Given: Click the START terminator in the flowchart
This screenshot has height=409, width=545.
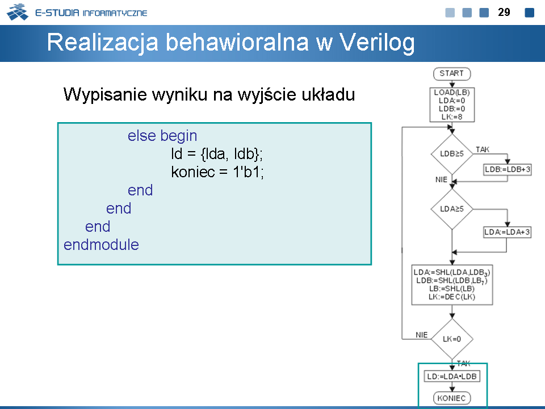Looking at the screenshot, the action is [x=452, y=74].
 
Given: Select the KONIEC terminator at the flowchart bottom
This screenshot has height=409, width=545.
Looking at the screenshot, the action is [x=452, y=398].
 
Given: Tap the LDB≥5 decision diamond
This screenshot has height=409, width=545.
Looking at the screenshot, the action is [x=452, y=154].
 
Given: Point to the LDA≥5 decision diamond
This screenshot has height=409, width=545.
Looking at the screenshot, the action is [x=452, y=209].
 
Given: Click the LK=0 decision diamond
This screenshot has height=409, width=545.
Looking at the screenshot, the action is [x=452, y=339].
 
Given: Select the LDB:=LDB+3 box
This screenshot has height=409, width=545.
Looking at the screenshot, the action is [x=508, y=169].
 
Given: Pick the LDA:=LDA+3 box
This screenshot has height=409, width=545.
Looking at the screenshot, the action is [x=508, y=232].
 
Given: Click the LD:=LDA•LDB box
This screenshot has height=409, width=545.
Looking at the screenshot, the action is [x=452, y=376].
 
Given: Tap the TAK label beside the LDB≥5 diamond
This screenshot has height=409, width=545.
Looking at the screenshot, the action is [x=483, y=149].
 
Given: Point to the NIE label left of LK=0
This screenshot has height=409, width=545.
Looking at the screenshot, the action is [x=422, y=335].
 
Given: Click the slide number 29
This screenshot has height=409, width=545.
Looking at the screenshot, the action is [x=504, y=12].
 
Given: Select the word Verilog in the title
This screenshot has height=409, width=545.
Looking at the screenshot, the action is [x=377, y=43].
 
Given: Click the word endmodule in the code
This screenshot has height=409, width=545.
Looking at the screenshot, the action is [x=101, y=244].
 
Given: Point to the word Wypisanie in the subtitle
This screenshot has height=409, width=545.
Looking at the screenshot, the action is [x=105, y=95].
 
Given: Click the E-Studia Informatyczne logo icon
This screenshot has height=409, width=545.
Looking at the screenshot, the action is [x=18, y=12].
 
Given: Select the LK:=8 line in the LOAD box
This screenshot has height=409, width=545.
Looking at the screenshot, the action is [x=452, y=117].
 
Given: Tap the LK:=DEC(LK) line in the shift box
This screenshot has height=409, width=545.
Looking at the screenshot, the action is [x=452, y=297].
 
